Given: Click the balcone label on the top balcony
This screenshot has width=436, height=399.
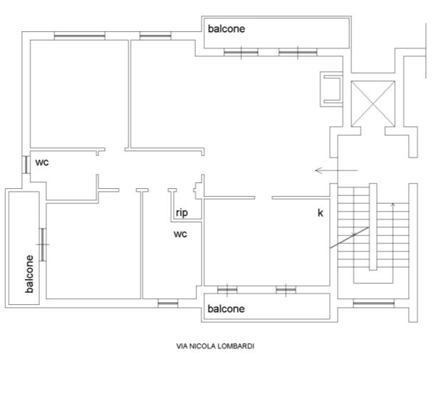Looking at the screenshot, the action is (x=227, y=28).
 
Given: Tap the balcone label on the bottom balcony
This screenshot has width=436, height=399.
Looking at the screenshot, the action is (x=226, y=309).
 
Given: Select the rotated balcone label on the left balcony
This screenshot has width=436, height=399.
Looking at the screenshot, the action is (x=29, y=274).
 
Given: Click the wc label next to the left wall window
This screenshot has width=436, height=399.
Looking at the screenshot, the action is (x=42, y=162).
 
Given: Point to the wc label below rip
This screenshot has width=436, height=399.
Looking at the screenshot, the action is (x=180, y=234).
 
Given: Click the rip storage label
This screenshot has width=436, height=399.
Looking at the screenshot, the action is (x=182, y=213).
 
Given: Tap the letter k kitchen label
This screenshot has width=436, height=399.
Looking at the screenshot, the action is (x=321, y=213).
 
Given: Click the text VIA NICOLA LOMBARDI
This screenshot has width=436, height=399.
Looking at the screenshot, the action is (x=215, y=346).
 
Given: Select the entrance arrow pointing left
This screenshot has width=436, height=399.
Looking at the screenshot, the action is (x=336, y=170).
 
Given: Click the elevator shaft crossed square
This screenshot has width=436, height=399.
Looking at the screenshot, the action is (x=373, y=103).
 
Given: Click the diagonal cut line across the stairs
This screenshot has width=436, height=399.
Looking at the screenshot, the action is (x=350, y=237).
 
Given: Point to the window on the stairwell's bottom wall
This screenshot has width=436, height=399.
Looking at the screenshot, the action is (x=373, y=303).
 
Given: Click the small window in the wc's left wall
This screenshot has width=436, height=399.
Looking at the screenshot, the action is (x=26, y=165).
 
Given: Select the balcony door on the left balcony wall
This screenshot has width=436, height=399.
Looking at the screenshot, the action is (x=42, y=244).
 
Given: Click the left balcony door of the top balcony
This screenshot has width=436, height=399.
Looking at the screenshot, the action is (x=241, y=52).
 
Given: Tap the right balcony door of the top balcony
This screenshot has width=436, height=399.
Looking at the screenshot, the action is (x=298, y=52).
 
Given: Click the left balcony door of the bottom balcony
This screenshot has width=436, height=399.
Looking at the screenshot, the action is (x=227, y=290).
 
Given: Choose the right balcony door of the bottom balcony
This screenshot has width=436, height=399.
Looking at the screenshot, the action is (x=286, y=290).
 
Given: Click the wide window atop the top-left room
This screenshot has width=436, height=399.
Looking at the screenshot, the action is (x=80, y=36).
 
